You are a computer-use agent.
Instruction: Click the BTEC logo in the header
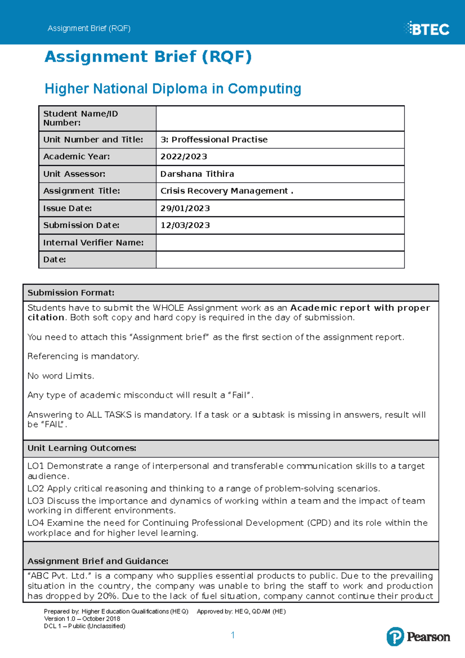pos(427,29)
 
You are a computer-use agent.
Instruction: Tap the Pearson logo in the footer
pos(418,637)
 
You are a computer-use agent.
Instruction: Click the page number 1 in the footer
pos(232,635)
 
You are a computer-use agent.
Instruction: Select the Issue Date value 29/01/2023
pos(185,208)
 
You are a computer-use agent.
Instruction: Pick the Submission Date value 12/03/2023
pos(185,226)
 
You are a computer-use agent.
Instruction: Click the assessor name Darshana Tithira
pos(197,174)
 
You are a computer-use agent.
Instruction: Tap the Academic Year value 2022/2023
pos(184,157)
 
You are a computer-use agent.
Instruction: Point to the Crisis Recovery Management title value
pos(227,191)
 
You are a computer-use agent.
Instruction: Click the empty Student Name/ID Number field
pos(280,119)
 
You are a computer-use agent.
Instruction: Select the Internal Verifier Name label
pos(93,243)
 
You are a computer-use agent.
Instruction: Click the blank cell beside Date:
pos(280,260)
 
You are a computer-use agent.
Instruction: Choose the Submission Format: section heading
pos(71,293)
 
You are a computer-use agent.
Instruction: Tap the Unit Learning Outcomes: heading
pos(82,448)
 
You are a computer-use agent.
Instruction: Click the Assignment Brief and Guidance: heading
pos(98,561)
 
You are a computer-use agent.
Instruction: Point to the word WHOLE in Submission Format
pos(169,308)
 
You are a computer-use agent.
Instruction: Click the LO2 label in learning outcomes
pos(36,489)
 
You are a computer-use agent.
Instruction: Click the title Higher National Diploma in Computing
pos(173,89)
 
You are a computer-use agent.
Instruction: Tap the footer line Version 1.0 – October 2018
pos(82,619)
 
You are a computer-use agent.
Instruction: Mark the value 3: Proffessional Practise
pos(214,140)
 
